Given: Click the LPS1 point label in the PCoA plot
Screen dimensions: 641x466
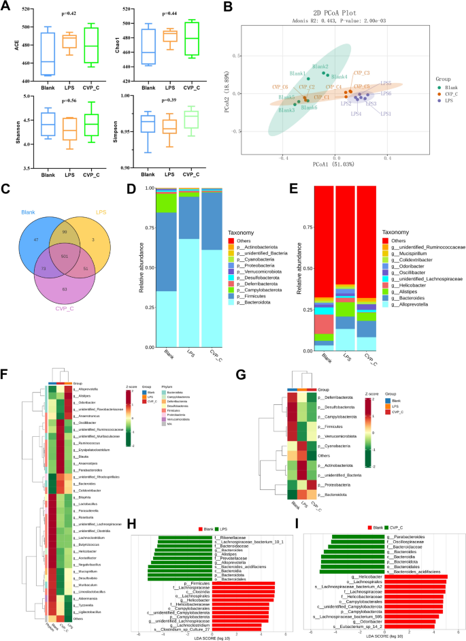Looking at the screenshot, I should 385,114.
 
